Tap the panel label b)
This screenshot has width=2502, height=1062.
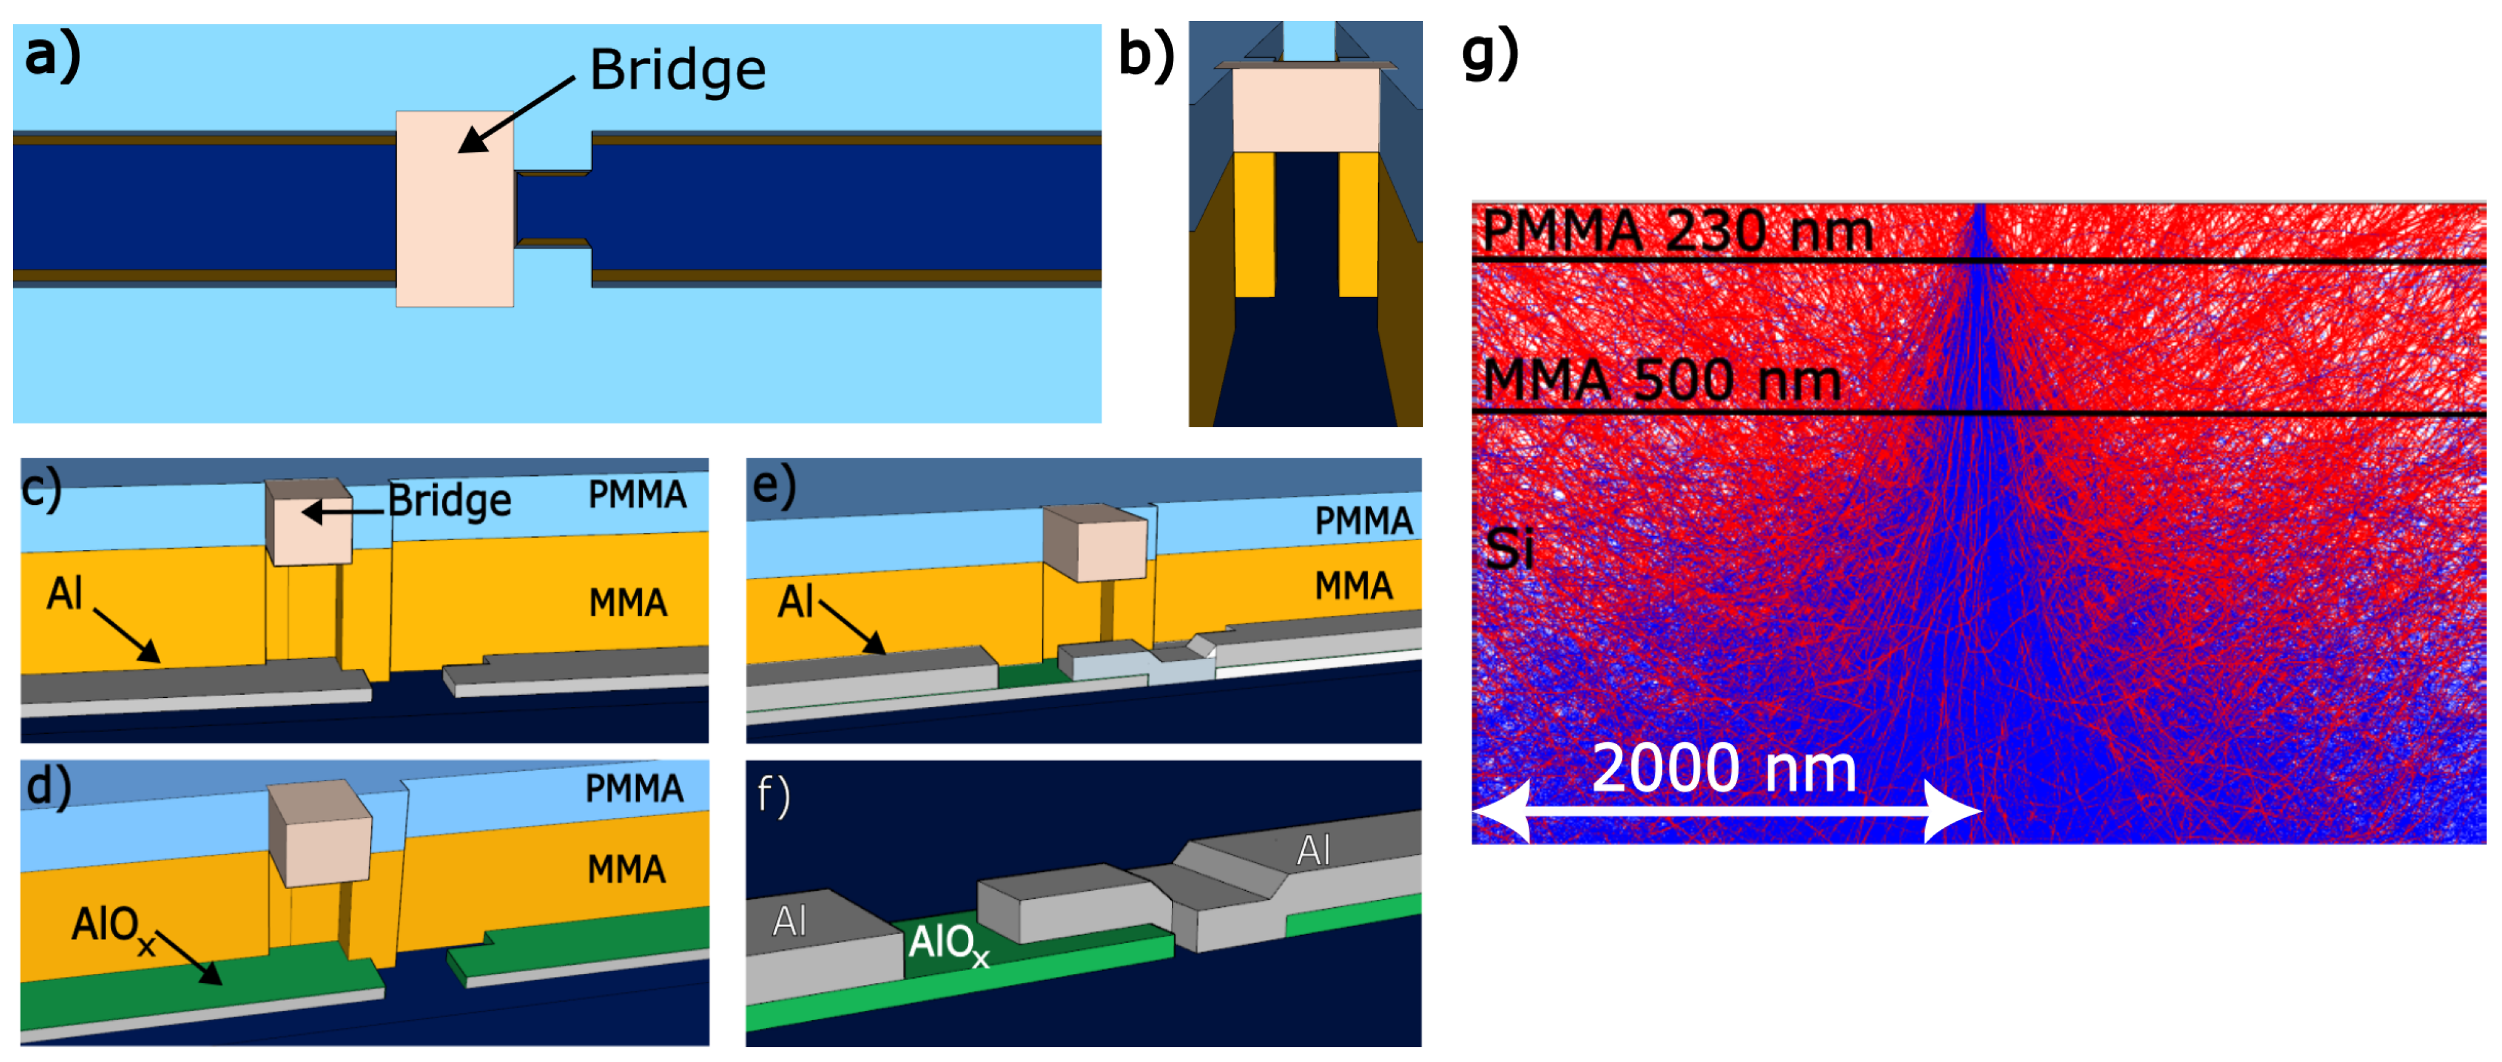(x=1145, y=54)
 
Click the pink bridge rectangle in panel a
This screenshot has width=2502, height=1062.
(x=454, y=209)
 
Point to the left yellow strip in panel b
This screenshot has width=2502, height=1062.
(x=1253, y=224)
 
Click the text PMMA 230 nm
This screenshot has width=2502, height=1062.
(x=1677, y=231)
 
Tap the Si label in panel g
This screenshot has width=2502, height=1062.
(x=1508, y=549)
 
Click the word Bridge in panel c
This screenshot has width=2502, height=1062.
(x=449, y=500)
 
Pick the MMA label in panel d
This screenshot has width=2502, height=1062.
(x=626, y=869)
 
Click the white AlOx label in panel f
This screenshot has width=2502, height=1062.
(x=947, y=942)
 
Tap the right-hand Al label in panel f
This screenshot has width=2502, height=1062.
(x=1312, y=851)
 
